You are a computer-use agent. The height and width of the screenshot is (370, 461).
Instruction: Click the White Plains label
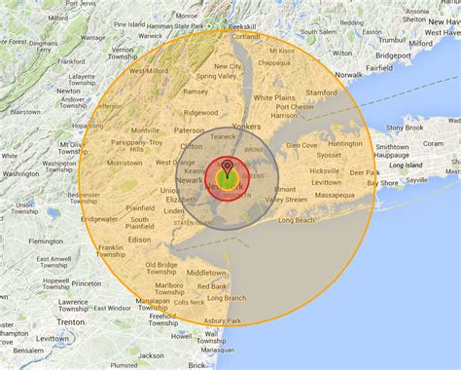point(277,98)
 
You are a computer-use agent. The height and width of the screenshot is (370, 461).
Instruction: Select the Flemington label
point(45,240)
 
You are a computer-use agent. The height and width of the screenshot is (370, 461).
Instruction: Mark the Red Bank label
point(211,286)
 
